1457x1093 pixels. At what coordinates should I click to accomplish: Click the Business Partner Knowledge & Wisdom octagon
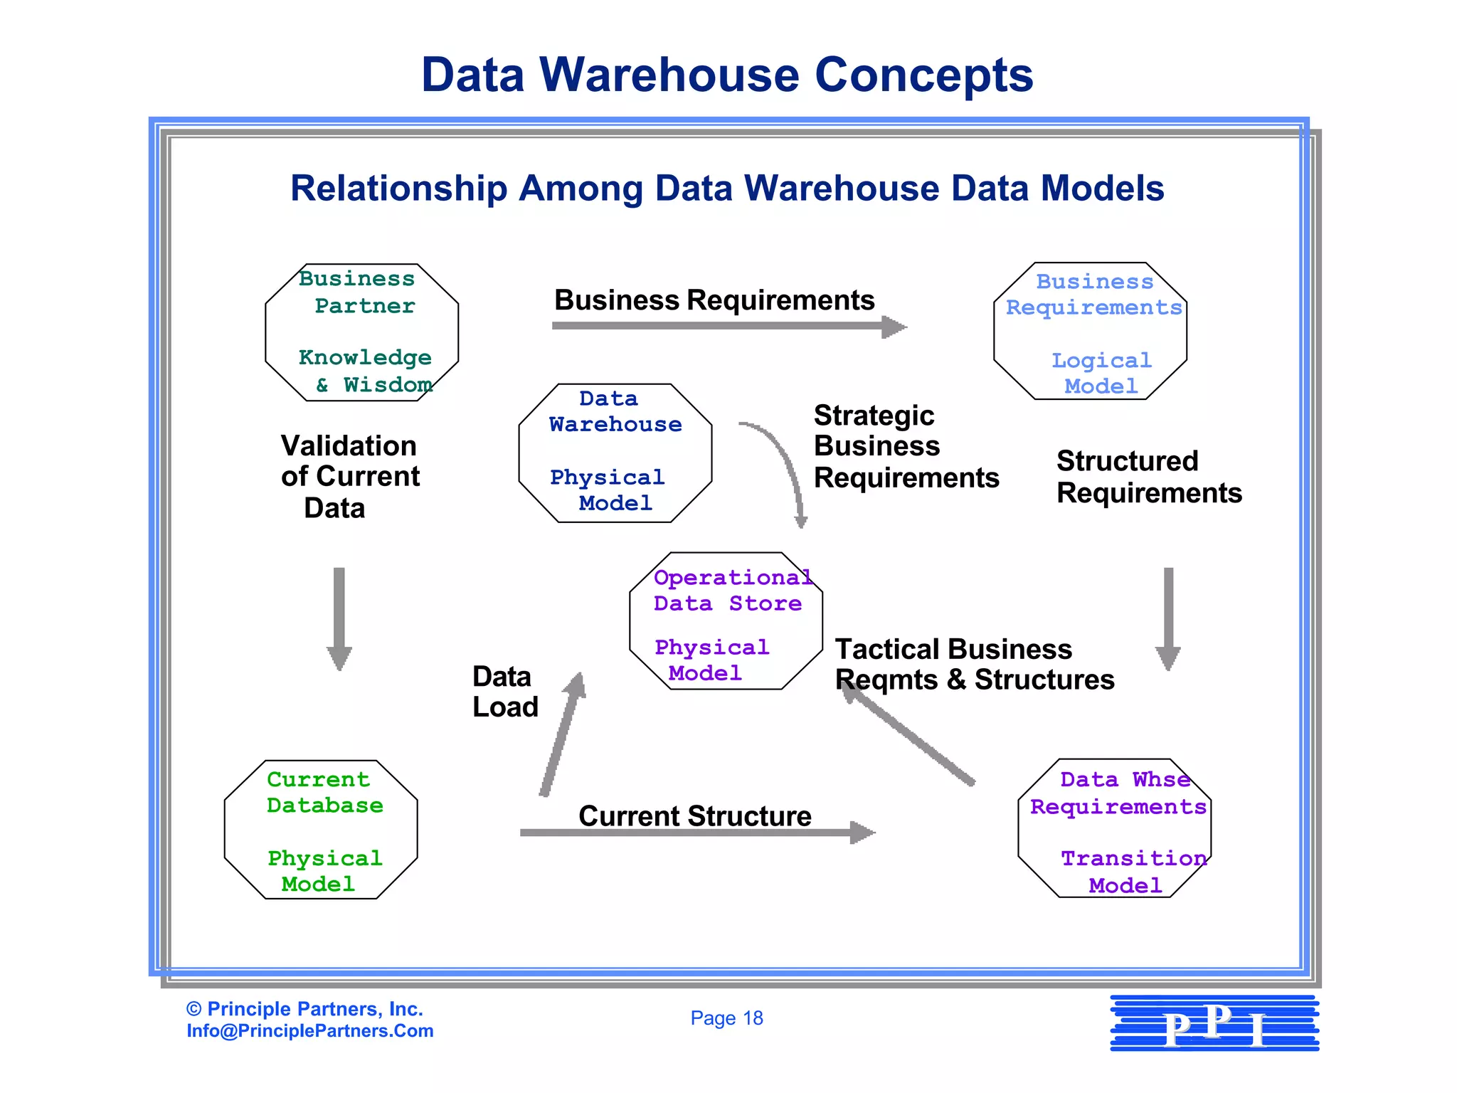click(361, 332)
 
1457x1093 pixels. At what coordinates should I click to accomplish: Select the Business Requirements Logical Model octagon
click(1090, 331)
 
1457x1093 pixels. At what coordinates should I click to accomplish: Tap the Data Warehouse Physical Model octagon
click(615, 453)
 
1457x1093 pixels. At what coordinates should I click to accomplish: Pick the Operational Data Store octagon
click(726, 621)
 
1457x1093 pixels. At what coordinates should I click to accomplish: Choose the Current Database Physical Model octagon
click(320, 829)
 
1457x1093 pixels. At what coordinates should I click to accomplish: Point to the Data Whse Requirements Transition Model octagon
click(1114, 828)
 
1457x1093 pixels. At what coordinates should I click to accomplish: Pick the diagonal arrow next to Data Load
click(562, 736)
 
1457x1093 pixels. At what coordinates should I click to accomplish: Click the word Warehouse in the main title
click(669, 75)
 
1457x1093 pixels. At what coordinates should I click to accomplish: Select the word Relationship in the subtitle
click(398, 189)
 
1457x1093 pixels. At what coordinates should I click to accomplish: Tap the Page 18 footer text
click(726, 1018)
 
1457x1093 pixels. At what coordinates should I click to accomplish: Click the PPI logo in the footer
click(1214, 1023)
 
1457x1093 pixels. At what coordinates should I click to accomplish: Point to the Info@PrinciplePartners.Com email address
click(309, 1031)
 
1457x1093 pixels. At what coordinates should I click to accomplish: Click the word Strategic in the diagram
click(874, 416)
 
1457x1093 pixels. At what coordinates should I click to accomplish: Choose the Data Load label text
click(504, 692)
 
